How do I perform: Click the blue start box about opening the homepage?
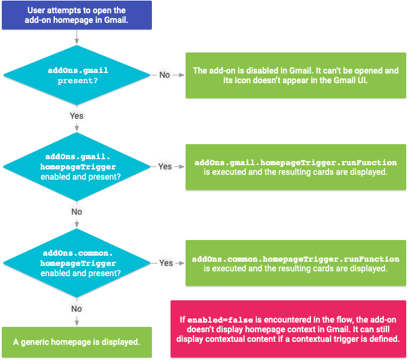[x=77, y=15]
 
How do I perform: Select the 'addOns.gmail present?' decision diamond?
[x=77, y=75]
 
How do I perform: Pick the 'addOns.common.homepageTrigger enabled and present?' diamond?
[x=77, y=263]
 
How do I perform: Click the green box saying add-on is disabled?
[x=295, y=75]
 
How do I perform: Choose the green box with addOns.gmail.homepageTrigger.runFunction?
[x=295, y=167]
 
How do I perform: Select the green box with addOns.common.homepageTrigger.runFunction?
[x=295, y=264]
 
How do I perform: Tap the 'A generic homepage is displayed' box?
[x=77, y=342]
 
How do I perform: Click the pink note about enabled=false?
[x=288, y=329]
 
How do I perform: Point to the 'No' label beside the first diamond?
[x=165, y=75]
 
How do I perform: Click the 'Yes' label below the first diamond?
[x=77, y=115]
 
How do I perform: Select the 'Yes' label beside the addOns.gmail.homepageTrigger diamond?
[x=165, y=166]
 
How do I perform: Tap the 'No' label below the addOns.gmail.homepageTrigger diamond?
[x=77, y=212]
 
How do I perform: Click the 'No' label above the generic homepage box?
[x=77, y=308]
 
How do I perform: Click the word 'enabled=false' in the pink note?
[x=216, y=319]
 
